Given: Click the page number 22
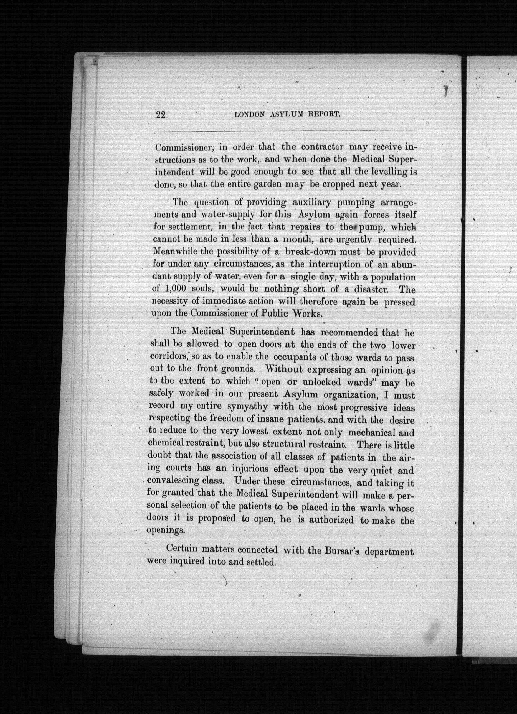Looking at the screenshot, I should click(x=161, y=115).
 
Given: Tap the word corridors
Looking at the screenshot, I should click(x=169, y=357).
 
